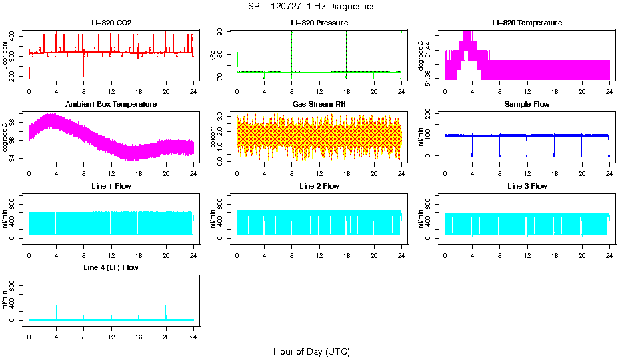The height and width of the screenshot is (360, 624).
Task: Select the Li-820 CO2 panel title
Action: [111, 23]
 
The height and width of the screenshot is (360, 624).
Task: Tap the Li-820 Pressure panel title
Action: [319, 23]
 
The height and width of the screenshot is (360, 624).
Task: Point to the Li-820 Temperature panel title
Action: [527, 23]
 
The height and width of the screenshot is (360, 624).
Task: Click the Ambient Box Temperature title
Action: [111, 104]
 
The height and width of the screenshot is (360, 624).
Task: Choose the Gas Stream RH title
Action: [319, 104]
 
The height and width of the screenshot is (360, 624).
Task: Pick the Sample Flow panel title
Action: [527, 104]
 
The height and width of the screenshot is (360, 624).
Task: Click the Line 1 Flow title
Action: [111, 186]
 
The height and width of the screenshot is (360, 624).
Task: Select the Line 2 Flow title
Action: [319, 186]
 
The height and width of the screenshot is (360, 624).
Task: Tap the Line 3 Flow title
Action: [527, 186]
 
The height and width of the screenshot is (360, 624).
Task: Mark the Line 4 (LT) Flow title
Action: [111, 267]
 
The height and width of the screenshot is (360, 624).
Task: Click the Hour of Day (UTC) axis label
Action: [311, 351]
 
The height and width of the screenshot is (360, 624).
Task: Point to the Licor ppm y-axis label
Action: [5, 55]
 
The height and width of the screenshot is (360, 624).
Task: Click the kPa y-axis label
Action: [213, 55]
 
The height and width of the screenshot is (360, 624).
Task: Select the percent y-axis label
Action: [213, 137]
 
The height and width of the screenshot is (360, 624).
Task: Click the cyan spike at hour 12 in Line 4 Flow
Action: [111, 312]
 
